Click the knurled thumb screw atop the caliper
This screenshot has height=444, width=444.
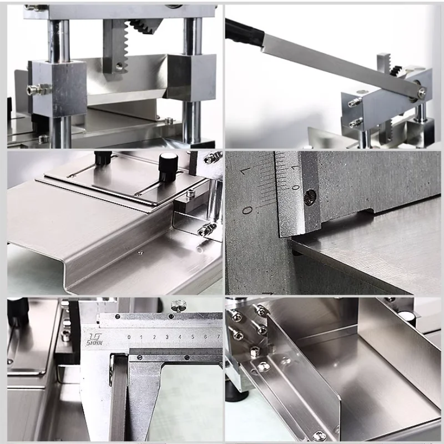(179, 305)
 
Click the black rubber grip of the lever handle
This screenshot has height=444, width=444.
(244, 32)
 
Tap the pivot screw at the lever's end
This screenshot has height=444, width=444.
(421, 93)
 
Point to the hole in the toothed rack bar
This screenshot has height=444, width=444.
(119, 67)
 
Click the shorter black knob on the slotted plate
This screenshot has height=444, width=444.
(103, 159)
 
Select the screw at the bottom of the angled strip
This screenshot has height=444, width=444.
(319, 436)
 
